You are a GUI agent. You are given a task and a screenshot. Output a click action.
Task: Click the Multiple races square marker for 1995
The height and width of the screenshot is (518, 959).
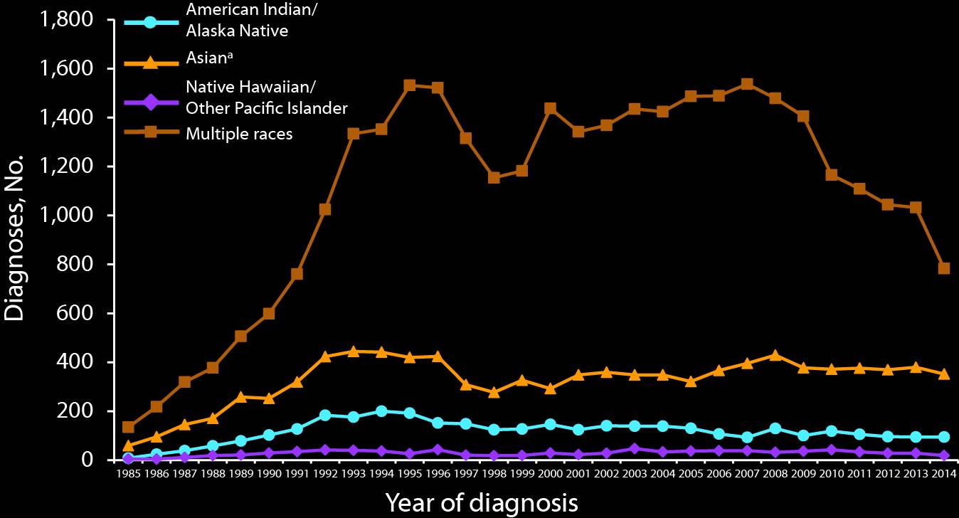click(409, 85)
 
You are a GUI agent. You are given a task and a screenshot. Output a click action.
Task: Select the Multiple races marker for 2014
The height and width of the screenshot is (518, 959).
click(944, 268)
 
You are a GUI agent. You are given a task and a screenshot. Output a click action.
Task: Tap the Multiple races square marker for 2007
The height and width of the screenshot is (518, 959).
click(747, 84)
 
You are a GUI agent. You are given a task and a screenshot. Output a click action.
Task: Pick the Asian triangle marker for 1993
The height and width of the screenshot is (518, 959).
click(353, 351)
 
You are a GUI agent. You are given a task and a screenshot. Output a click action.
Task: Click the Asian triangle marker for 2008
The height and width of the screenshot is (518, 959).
click(775, 355)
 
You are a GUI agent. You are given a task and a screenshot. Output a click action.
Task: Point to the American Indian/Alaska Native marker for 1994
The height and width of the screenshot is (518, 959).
click(381, 411)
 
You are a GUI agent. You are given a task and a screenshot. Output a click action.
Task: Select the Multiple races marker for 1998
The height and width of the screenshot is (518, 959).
click(494, 177)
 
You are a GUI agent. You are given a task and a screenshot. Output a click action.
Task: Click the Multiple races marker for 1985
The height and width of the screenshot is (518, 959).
click(128, 427)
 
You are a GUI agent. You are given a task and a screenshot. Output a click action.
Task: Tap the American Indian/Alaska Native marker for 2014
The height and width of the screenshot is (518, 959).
click(944, 437)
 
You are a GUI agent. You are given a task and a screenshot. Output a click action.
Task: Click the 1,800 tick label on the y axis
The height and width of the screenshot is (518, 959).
click(68, 20)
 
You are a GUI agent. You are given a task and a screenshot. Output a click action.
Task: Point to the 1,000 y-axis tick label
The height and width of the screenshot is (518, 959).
click(68, 216)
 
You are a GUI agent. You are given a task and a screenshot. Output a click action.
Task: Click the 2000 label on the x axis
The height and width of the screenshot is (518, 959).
click(550, 474)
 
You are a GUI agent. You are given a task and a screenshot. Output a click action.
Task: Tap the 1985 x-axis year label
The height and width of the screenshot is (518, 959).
click(128, 474)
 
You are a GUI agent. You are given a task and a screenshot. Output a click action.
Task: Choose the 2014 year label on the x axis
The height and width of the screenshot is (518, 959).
click(944, 474)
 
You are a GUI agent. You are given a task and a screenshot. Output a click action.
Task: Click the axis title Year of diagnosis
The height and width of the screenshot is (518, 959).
click(482, 502)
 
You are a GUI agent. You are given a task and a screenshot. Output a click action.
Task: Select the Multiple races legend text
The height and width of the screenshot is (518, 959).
click(238, 133)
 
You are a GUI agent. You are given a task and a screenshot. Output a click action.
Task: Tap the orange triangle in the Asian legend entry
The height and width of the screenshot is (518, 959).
click(151, 63)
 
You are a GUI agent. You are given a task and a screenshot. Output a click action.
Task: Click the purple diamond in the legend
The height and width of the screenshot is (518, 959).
click(151, 98)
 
